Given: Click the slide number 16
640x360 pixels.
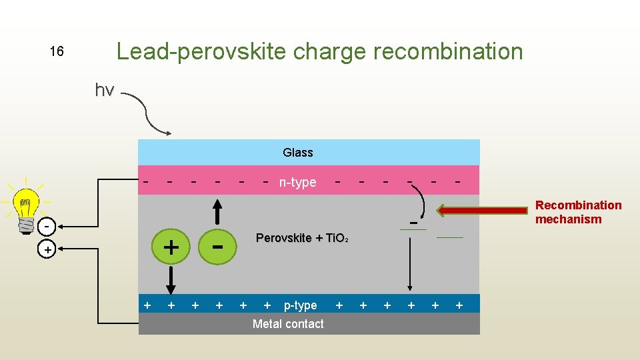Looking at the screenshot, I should (57, 51).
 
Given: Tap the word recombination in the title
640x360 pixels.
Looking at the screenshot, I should (448, 51).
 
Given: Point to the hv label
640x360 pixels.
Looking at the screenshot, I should (105, 89).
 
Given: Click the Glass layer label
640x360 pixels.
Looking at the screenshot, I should (297, 153).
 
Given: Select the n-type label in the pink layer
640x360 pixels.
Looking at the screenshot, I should (298, 182).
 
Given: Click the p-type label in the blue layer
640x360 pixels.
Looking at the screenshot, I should (300, 305).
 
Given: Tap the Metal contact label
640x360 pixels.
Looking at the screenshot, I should (288, 324).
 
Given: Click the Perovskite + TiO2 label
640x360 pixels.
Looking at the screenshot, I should (302, 238).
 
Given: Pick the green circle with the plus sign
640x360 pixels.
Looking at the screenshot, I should (171, 247).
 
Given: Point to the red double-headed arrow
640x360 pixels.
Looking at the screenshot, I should (483, 211).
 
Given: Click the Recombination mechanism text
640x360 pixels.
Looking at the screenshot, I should (578, 212).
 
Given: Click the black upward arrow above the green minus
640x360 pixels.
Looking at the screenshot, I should (218, 212).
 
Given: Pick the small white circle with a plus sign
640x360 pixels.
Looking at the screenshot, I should (47, 250).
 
